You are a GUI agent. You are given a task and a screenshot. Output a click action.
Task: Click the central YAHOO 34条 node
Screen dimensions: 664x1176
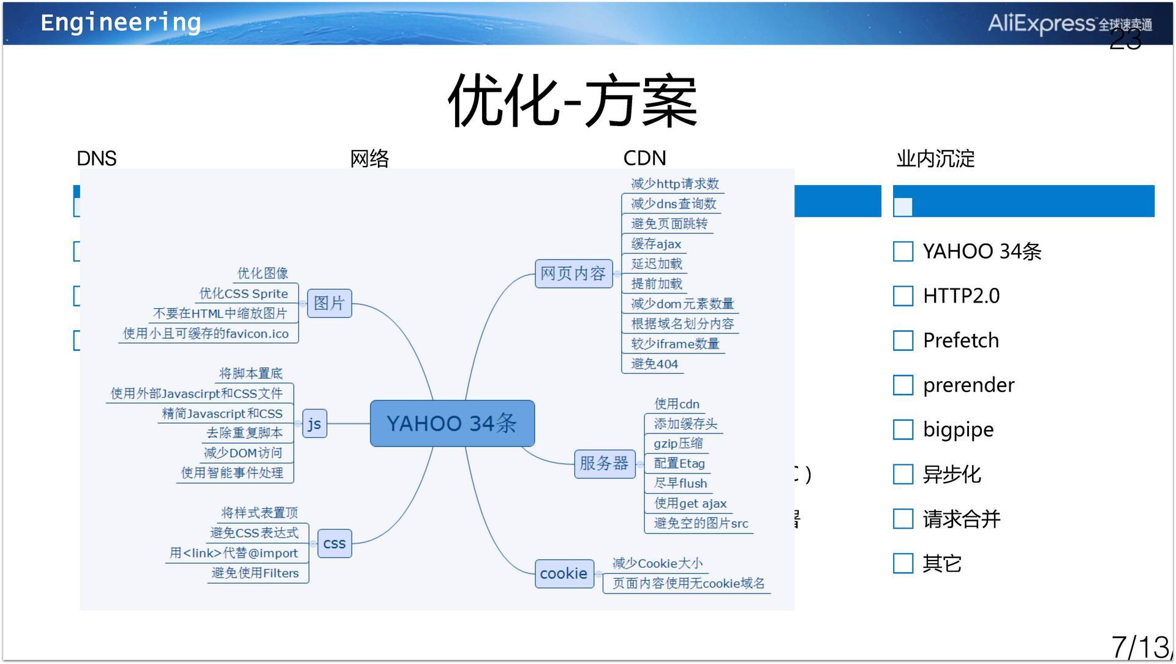[452, 423]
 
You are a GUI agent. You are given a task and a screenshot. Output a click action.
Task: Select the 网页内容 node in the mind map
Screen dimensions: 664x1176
[573, 273]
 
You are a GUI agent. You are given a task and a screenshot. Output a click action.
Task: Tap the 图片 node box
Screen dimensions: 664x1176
[330, 303]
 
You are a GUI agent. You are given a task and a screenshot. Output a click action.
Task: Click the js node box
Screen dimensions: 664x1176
[314, 424]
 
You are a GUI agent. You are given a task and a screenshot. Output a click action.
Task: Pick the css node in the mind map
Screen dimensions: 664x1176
[334, 543]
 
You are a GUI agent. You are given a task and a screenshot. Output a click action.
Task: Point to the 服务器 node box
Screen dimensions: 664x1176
[604, 463]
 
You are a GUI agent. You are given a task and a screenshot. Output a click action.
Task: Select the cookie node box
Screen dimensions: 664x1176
[563, 574]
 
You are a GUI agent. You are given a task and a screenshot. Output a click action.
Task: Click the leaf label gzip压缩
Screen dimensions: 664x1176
[678, 443]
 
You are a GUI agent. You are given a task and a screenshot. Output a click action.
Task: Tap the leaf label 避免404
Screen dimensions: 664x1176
[654, 364]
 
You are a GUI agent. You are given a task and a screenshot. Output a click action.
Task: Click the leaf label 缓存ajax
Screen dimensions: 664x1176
[656, 244]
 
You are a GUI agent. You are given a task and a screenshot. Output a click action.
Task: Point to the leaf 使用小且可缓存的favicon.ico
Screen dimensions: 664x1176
[206, 333]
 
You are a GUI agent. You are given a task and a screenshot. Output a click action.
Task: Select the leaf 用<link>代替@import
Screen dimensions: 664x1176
[233, 553]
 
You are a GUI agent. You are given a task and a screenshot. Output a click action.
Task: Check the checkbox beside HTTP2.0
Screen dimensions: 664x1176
[903, 296]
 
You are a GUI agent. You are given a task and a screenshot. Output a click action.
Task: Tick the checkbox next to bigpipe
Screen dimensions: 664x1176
[903, 429]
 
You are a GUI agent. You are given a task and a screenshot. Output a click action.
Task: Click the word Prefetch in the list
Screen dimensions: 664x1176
[960, 341]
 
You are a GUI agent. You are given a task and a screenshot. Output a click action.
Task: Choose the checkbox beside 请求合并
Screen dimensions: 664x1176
[903, 519]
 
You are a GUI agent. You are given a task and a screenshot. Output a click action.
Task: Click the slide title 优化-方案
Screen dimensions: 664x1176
[573, 101]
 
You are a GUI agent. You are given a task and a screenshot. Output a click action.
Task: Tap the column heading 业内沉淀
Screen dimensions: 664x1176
[935, 159]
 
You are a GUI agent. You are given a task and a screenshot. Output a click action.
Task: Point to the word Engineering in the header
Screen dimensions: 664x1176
[121, 23]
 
